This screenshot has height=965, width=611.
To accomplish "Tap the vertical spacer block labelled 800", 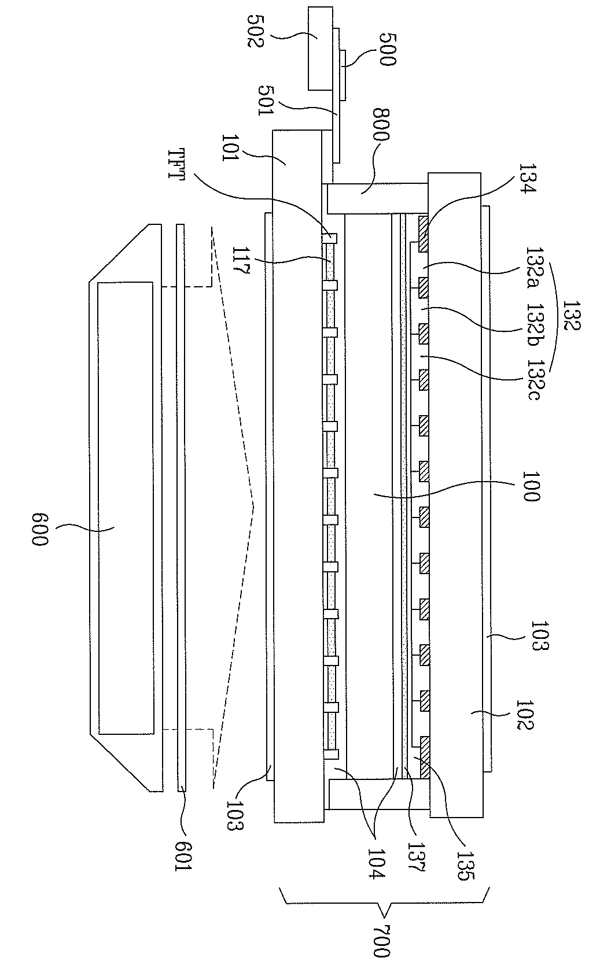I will [x=376, y=198].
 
